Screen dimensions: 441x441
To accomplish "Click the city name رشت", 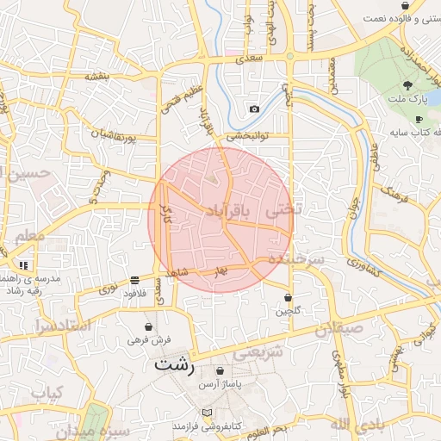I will pos(175,364).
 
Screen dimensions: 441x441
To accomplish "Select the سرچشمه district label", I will pos(295,258).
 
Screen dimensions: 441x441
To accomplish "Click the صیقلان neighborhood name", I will pos(339,328).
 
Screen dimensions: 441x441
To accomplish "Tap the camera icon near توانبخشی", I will pos(254,109).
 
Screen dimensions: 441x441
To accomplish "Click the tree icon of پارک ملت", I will pos(407,85).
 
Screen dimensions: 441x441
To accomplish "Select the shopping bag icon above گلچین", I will pos(288,297).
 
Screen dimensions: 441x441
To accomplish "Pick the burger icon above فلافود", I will pos(135,280).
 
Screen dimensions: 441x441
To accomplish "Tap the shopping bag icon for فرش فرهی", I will pos(149,327).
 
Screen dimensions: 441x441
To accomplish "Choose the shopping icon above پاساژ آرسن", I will pos(220,371).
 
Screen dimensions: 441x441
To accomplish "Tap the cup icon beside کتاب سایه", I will pos(419,120).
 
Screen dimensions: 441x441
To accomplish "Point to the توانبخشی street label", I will pos(248,135).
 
